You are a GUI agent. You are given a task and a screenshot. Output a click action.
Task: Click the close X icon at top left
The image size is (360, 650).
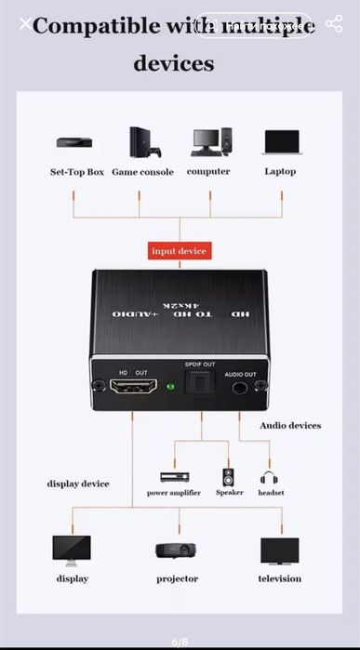click(x=25, y=24)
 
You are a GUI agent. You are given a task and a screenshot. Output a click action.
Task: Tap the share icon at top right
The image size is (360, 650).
click(x=334, y=24)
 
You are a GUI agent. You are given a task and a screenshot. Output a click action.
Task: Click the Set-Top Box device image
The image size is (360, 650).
click(x=73, y=143)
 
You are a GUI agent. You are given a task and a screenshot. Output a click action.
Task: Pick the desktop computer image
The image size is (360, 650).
click(x=209, y=142)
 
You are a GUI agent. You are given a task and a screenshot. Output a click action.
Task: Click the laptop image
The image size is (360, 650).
click(x=280, y=142)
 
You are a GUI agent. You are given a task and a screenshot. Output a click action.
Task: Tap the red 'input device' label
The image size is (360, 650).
click(x=180, y=251)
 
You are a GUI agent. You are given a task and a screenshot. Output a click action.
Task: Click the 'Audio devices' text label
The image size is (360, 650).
click(x=289, y=426)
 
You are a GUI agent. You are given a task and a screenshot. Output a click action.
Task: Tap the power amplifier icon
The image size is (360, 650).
click(x=174, y=476)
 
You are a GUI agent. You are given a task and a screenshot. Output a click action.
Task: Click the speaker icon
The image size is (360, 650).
click(x=229, y=477)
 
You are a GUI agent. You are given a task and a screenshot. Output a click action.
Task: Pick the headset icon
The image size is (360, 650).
click(x=271, y=477)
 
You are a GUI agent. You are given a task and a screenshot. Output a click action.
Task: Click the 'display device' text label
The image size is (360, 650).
click(x=78, y=484)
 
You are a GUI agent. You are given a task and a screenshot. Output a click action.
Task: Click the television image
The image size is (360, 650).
click(x=279, y=551)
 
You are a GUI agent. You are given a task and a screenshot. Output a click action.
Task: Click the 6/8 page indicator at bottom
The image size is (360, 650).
click(x=180, y=642)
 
